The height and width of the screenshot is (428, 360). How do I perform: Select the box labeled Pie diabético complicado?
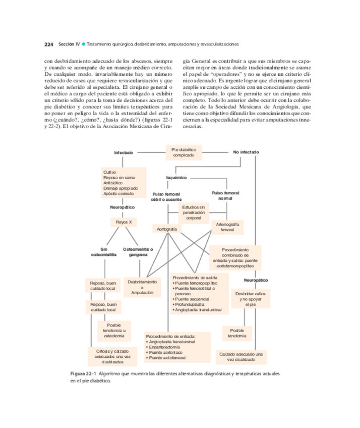click(184, 152)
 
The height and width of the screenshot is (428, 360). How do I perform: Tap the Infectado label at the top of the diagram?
click(124, 152)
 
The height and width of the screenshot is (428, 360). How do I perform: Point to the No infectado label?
click(246, 152)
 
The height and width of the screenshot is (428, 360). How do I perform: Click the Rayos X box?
click(124, 222)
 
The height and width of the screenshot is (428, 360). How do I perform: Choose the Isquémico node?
click(176, 178)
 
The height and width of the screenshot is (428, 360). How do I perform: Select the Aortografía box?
click(167, 229)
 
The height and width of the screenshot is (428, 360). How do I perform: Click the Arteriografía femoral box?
click(227, 227)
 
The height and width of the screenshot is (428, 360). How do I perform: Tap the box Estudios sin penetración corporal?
click(194, 212)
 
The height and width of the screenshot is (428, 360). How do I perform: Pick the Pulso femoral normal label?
click(225, 195)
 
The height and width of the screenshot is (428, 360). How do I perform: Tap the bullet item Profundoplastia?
click(190, 304)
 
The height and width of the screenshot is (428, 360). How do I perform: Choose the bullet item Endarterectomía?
click(164, 347)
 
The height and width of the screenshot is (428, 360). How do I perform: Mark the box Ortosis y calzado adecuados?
click(112, 356)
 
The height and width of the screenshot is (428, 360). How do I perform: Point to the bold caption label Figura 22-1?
click(83, 373)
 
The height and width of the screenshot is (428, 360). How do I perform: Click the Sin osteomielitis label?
click(104, 252)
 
